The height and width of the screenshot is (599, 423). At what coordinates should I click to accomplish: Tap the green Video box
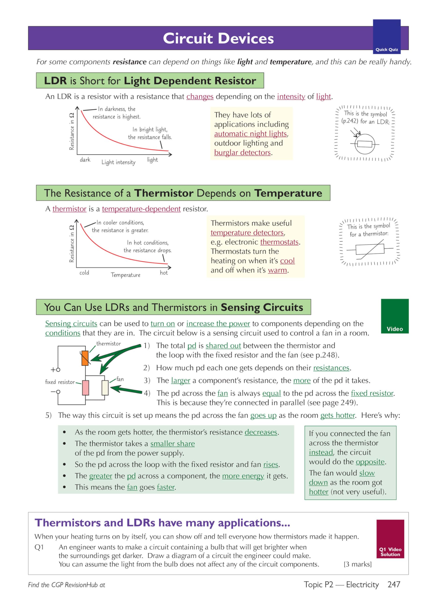394,316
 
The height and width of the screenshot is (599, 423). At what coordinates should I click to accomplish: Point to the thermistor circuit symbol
369,249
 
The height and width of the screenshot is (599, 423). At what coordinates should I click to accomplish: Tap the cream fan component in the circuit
105,388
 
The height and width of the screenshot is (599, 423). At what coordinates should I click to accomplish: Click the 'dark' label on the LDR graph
85,160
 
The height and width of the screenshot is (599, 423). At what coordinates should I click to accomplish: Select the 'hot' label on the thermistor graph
164,273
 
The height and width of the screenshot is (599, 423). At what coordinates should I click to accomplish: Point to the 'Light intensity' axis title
118,162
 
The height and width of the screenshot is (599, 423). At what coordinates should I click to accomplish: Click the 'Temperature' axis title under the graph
125,275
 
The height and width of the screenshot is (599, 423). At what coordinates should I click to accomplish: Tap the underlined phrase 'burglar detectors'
242,152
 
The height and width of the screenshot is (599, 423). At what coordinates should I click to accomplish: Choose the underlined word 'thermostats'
279,242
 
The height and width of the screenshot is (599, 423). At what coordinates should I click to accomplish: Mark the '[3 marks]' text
358,564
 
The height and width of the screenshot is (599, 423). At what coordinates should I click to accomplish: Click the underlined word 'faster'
165,487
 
